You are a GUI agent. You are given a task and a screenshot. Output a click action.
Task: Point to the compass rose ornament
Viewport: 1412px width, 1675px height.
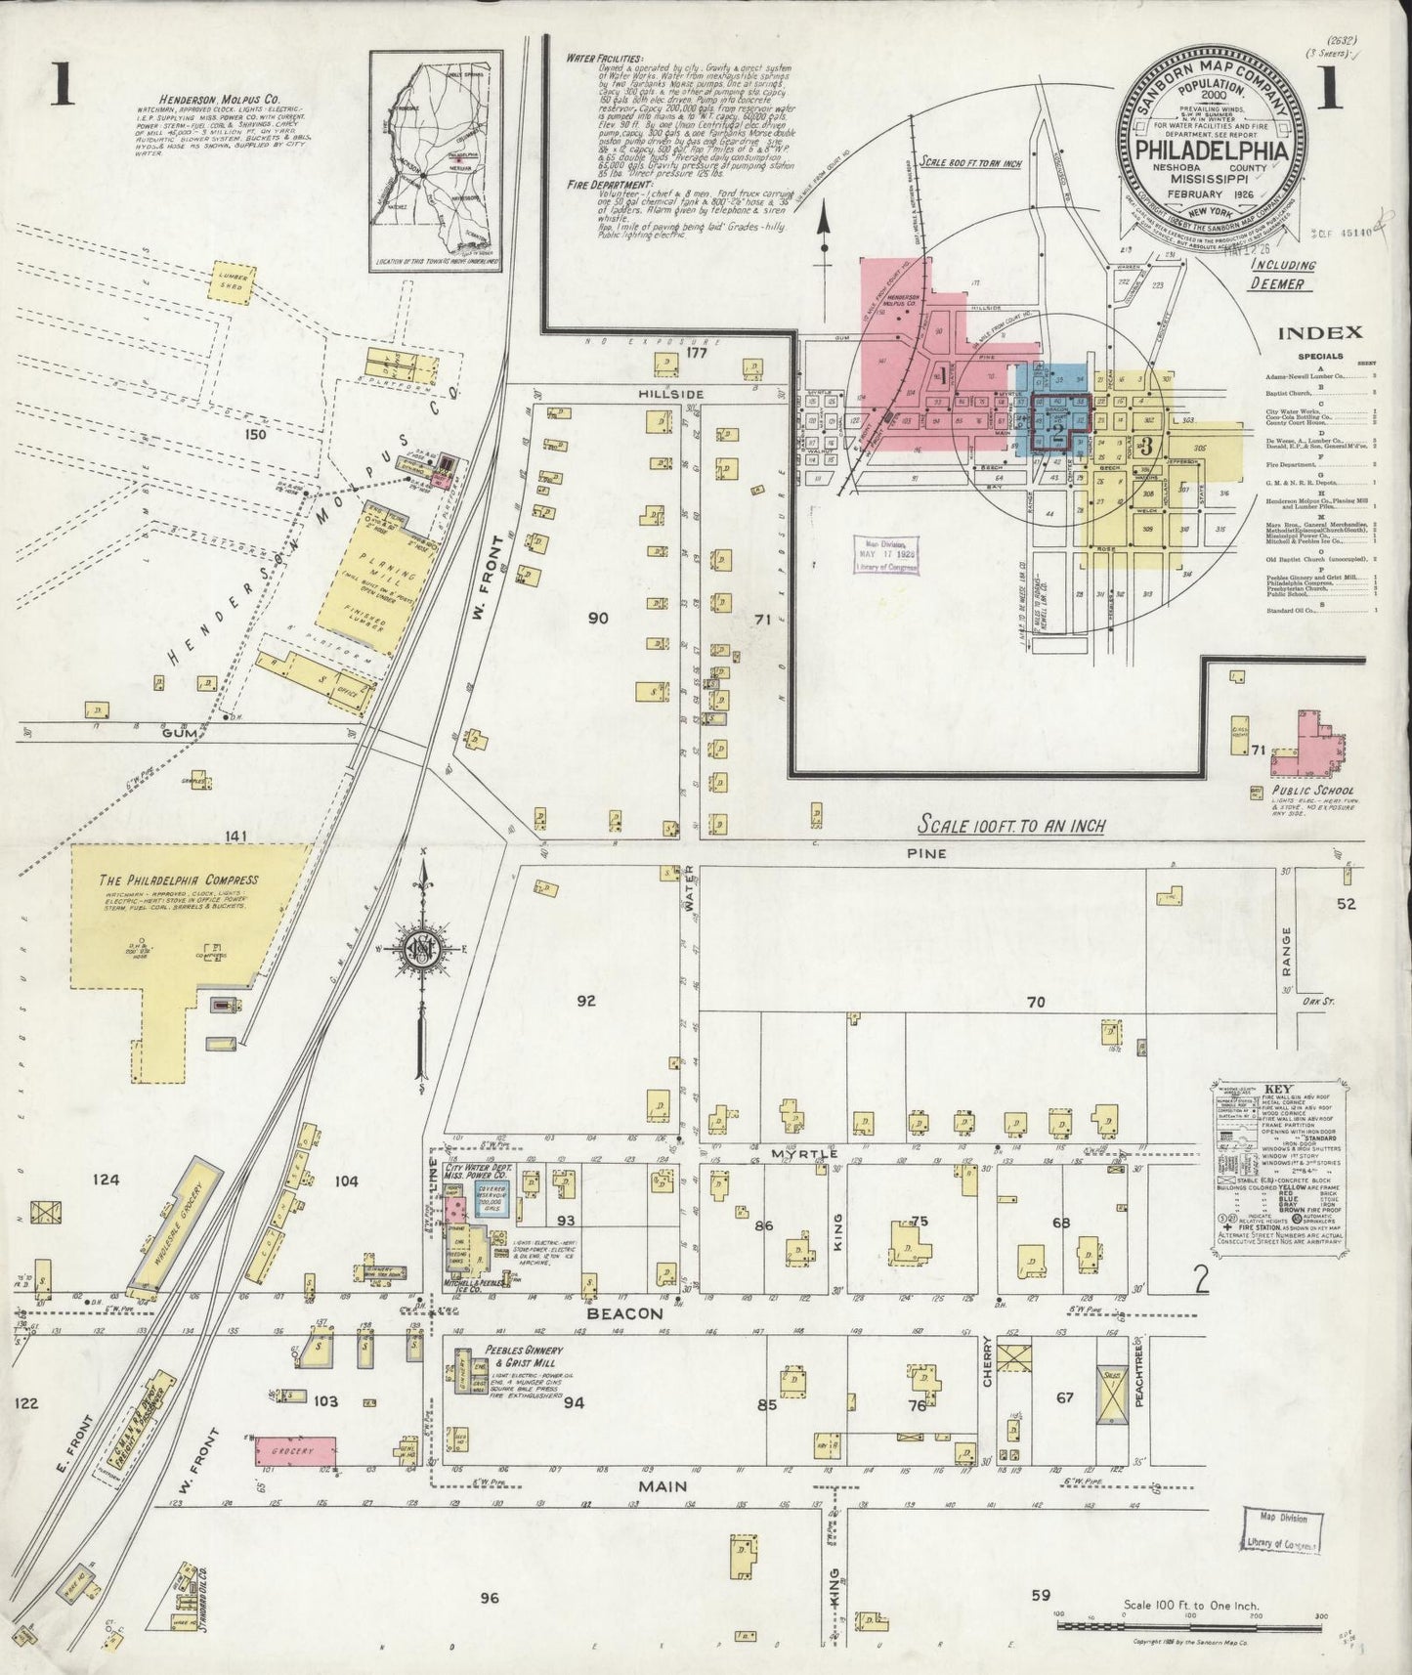421,951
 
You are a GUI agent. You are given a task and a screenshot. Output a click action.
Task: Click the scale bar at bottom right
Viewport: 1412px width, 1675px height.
1188,1625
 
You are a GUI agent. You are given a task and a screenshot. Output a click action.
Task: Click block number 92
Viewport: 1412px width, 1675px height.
585,1001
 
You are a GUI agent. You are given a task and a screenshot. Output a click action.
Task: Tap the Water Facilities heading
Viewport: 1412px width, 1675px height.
604,59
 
